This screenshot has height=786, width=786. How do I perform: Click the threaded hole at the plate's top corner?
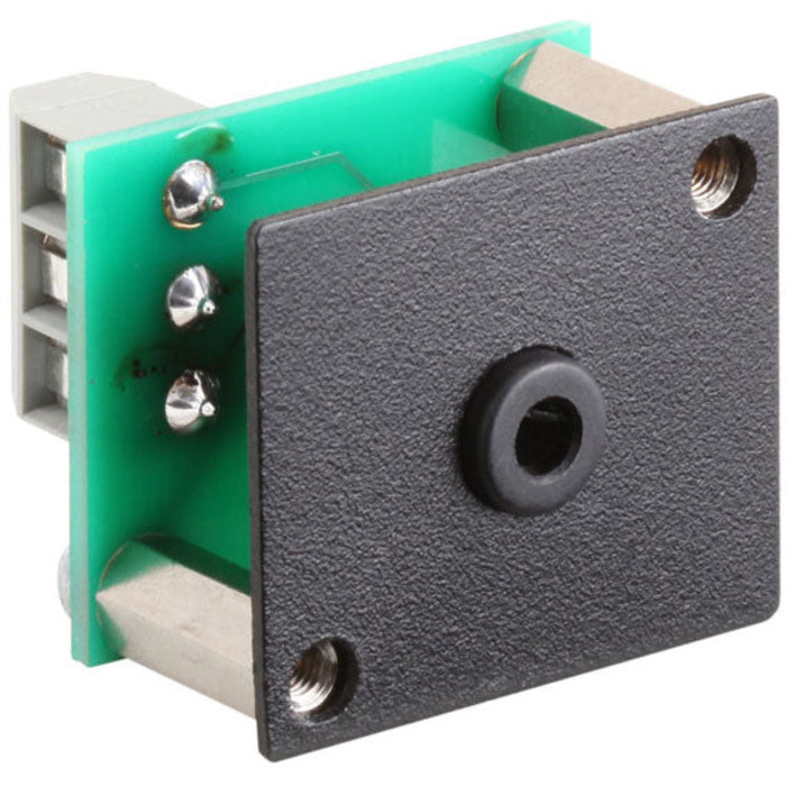point(723,178)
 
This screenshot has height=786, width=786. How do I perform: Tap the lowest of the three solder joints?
point(190,401)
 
